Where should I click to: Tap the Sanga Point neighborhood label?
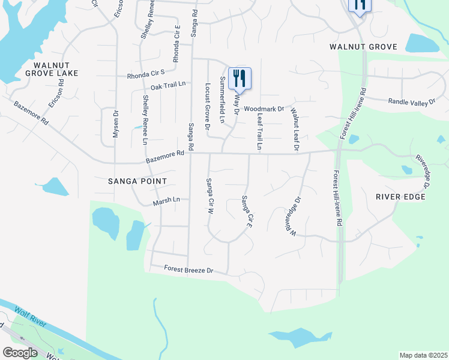point(137,181)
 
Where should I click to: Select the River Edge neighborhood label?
point(400,197)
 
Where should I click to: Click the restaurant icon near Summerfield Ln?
point(240,77)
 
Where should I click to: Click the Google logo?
point(20,353)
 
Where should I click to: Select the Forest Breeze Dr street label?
point(188,271)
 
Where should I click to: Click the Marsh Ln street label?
point(167,200)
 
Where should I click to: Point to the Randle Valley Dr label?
point(412,102)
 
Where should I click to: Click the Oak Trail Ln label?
point(169,86)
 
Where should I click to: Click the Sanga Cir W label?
point(209,196)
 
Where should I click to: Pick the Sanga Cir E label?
point(246,211)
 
